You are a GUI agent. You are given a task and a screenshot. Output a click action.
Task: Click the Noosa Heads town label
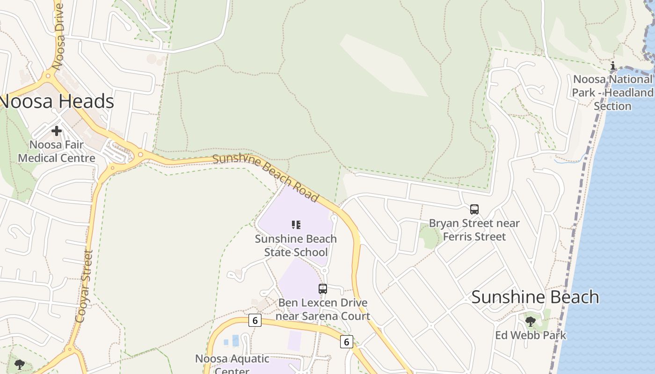tap(57, 101)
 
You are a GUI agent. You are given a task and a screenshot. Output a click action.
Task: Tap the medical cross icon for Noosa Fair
tap(57, 131)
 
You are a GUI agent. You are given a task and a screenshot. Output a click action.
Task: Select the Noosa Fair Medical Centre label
tap(57, 151)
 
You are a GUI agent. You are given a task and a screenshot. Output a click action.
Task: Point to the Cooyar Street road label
tap(83, 286)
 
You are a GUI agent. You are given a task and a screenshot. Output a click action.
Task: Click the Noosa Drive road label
tap(59, 36)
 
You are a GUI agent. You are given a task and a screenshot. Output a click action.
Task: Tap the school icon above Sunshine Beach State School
tap(296, 225)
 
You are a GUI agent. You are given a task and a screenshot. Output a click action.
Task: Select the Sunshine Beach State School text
tap(296, 245)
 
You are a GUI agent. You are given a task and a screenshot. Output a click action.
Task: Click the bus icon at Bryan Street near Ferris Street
tap(474, 209)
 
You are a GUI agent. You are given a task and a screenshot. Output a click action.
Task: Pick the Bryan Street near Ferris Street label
tap(474, 230)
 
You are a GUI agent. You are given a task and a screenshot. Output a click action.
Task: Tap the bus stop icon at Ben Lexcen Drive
tap(323, 288)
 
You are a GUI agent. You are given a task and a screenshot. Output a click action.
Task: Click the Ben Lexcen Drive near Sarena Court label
tap(323, 309)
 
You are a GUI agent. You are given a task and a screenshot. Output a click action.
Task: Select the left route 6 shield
tap(255, 320)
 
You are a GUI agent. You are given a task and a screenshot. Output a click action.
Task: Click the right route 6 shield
tap(346, 342)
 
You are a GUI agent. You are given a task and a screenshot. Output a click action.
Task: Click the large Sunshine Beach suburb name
tap(535, 297)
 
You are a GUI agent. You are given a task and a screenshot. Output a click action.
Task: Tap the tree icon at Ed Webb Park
tap(530, 321)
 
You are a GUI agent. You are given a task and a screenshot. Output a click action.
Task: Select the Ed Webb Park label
tap(531, 335)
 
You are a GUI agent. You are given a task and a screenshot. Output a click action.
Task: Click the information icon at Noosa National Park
tap(613, 65)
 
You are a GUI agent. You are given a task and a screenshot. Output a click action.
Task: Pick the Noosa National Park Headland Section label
tap(612, 93)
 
